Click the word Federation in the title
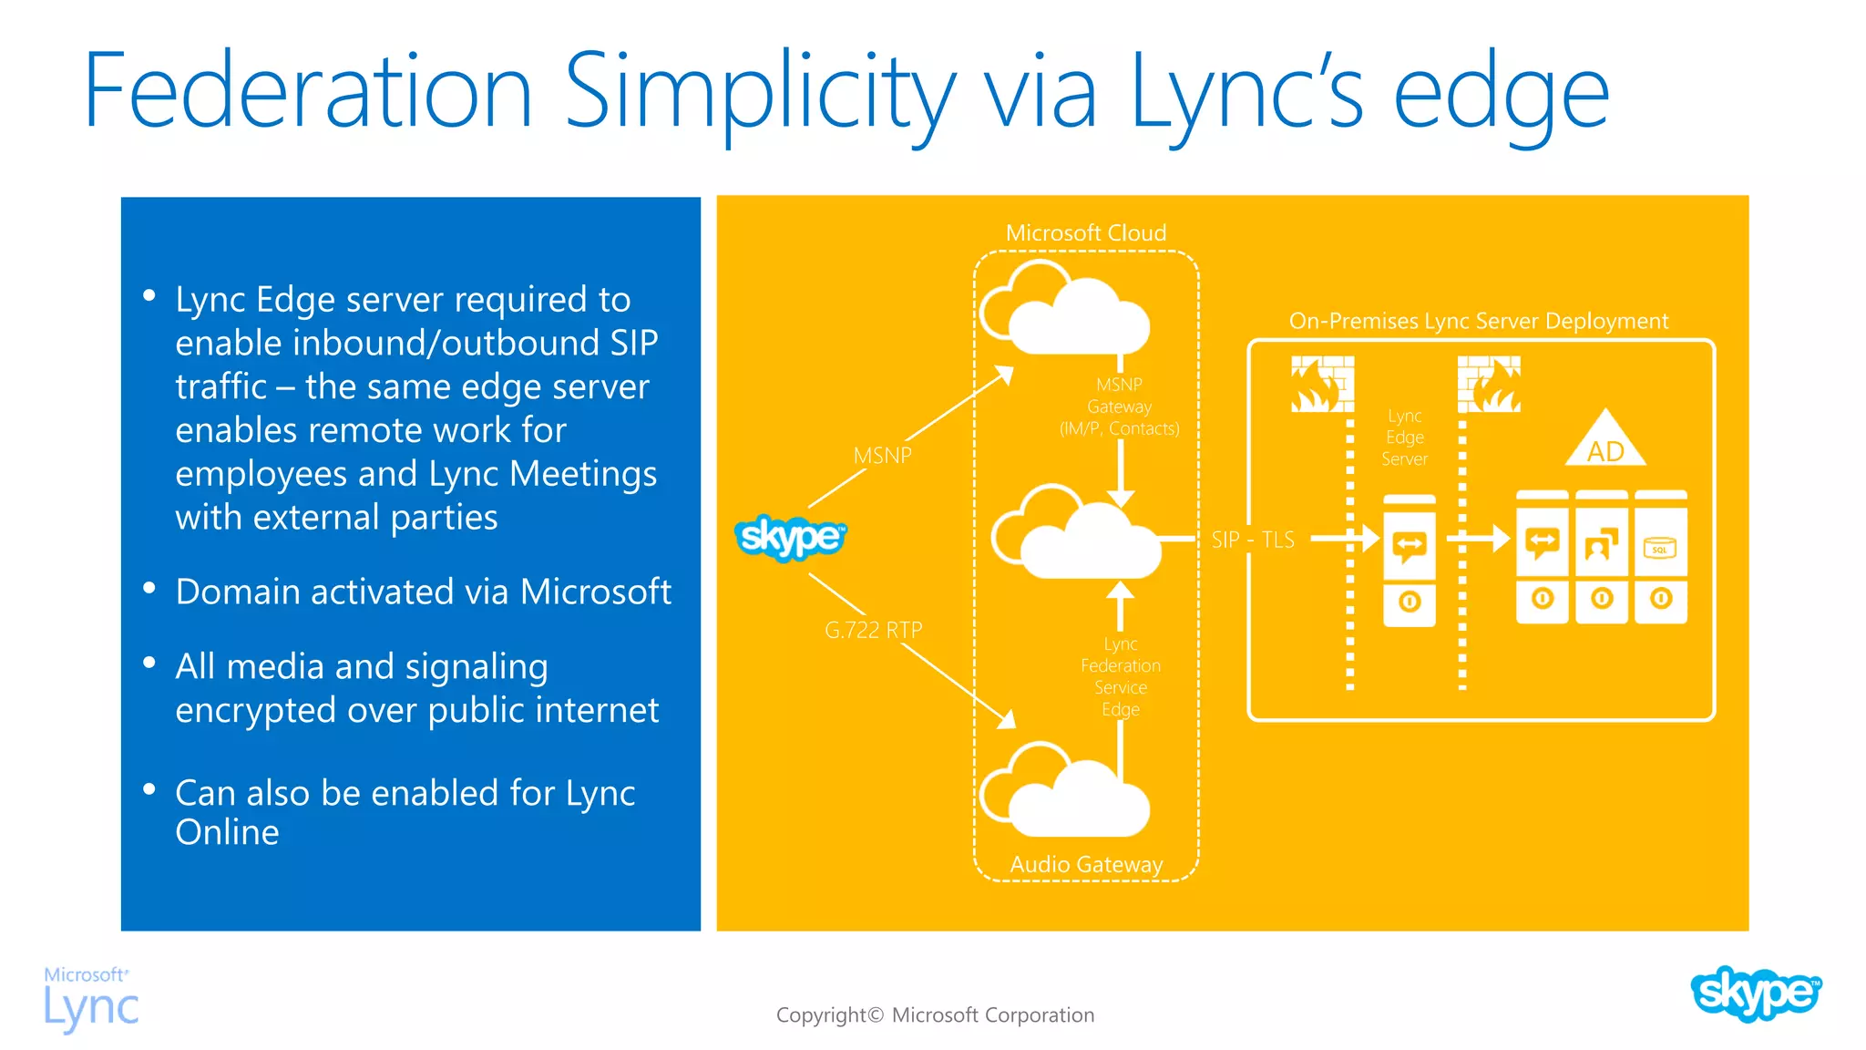coord(308,91)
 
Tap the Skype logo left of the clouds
coord(790,537)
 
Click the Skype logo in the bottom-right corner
coord(1755,993)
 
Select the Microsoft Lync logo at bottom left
coord(91,999)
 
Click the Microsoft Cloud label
coord(1085,233)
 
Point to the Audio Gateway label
coord(1086,864)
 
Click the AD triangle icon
coord(1605,441)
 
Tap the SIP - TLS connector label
coord(1253,540)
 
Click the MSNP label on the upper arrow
coord(882,456)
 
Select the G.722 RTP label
coord(873,630)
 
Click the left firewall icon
coord(1322,385)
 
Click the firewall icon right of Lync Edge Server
coord(1489,385)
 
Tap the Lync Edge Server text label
coord(1404,437)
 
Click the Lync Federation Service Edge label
coord(1121,676)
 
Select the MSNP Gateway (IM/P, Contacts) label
coord(1119,407)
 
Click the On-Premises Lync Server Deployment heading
coord(1478,322)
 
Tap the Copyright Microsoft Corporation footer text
coord(935,1015)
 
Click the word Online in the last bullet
coord(227,833)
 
